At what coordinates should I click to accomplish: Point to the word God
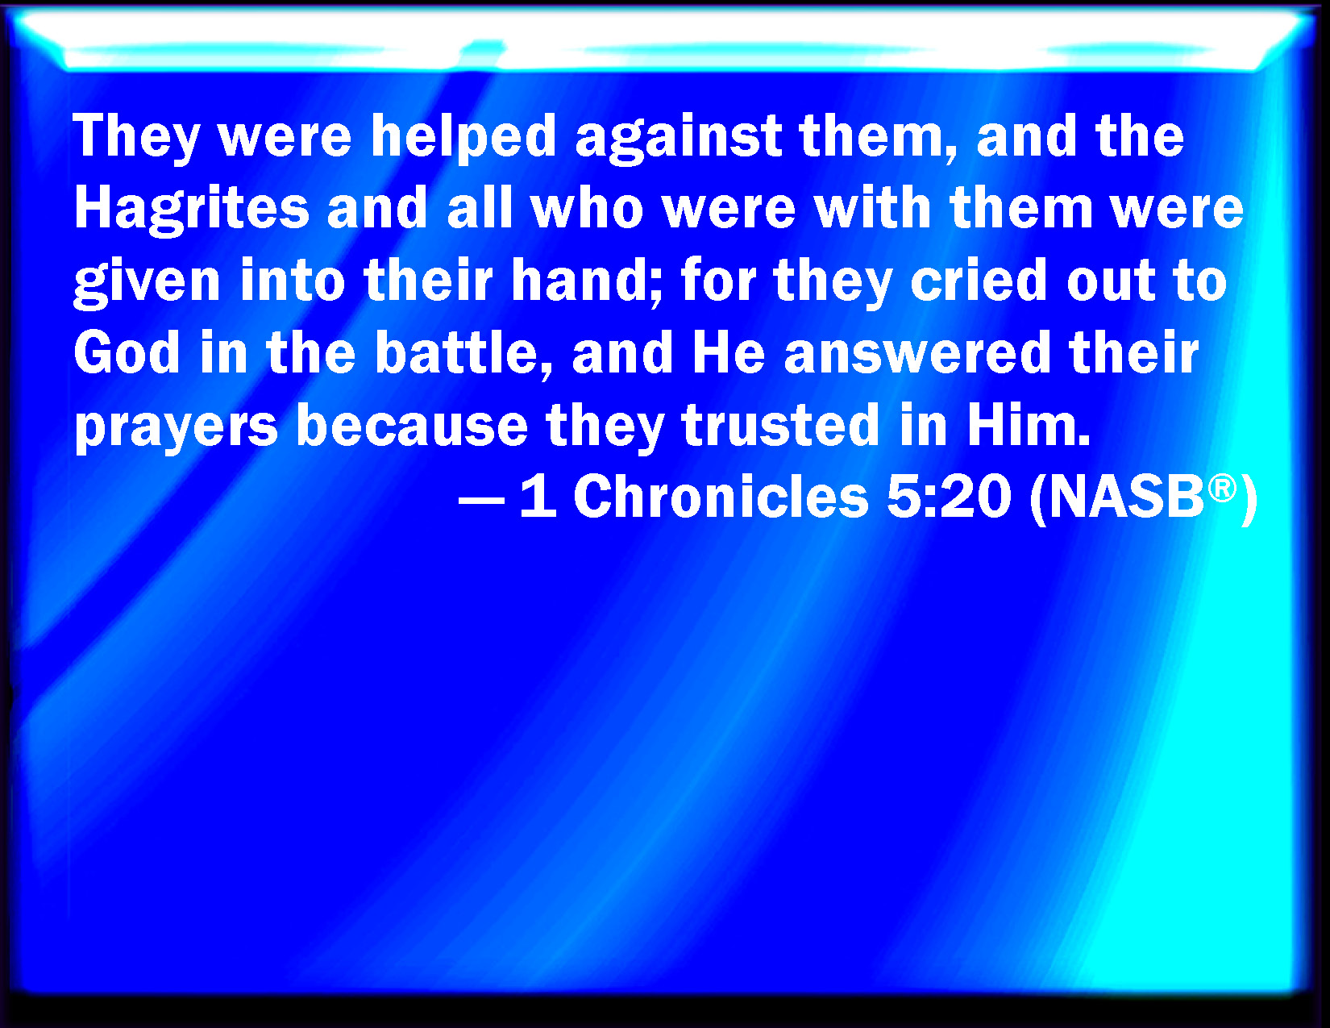coord(127,353)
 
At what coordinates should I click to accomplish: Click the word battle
coord(463,353)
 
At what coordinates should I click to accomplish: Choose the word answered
coord(917,353)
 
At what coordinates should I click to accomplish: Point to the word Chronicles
coord(721,497)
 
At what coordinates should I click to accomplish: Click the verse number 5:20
coord(949,497)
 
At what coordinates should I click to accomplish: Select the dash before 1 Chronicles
coord(481,500)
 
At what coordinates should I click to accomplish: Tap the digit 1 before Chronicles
coord(538,497)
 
